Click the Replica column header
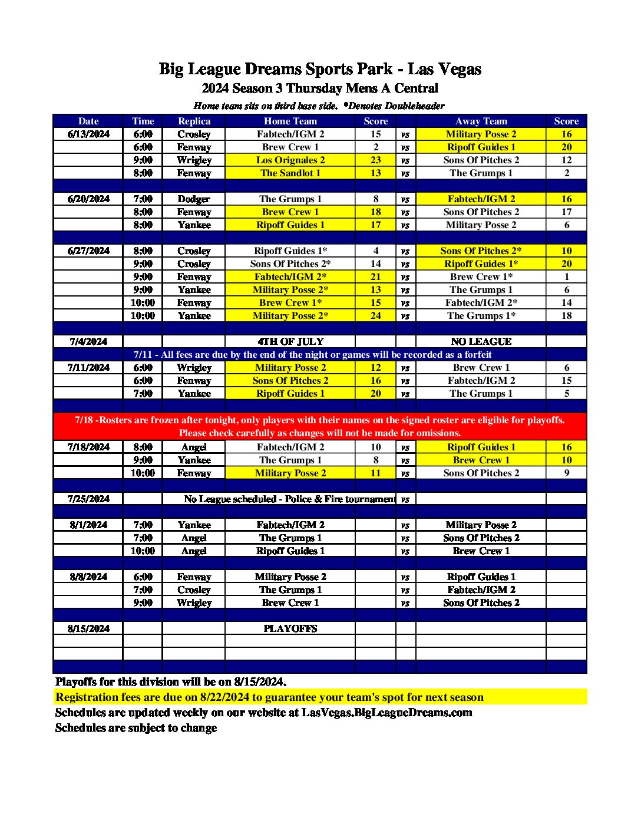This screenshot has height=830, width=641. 194,121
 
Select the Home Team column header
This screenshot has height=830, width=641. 290,121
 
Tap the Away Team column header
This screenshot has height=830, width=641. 481,121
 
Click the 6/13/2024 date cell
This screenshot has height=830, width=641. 88,134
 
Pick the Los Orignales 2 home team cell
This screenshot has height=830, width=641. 290,160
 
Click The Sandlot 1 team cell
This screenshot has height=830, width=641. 290,173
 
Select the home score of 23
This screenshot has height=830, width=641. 375,160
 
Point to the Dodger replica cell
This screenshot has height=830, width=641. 194,199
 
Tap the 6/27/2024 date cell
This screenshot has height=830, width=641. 88,251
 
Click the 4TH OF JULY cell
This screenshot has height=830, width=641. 290,342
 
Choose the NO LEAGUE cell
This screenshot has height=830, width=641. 481,342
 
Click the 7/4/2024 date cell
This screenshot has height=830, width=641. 88,342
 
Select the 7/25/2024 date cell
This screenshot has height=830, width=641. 88,499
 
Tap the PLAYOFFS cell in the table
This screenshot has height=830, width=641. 290,629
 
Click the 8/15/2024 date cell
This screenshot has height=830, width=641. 88,629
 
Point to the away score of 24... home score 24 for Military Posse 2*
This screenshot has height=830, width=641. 375,316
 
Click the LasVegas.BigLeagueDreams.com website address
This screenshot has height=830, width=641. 386,713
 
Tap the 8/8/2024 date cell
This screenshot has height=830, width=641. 88,577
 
